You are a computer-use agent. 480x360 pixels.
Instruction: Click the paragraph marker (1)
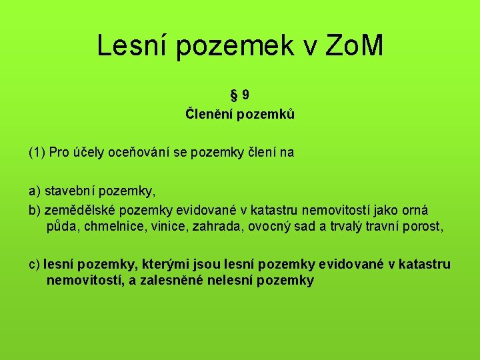(x=37, y=153)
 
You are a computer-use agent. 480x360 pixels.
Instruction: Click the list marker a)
(x=35, y=191)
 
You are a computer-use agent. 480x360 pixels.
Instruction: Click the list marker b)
(x=35, y=209)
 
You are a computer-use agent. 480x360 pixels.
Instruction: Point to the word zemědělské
(x=77, y=209)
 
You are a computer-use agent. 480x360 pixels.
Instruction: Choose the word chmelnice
(x=107, y=227)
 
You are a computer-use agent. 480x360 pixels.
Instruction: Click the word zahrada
(x=217, y=227)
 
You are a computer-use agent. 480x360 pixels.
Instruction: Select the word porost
(x=422, y=227)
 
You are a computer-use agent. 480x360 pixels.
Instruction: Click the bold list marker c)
(x=34, y=265)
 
